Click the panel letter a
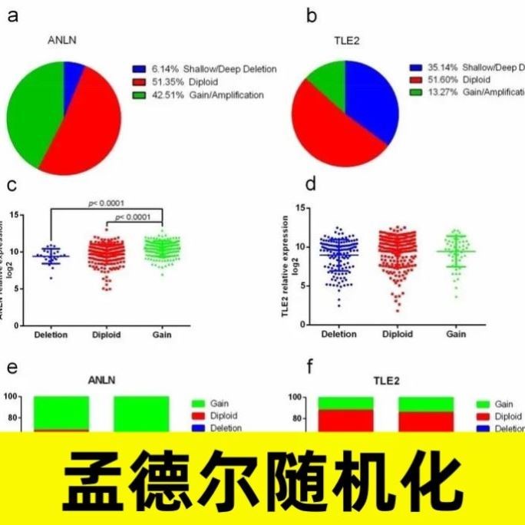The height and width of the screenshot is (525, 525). pos(12,15)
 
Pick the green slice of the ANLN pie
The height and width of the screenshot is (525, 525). pos(35,107)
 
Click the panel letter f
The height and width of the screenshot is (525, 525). pos(310,367)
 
